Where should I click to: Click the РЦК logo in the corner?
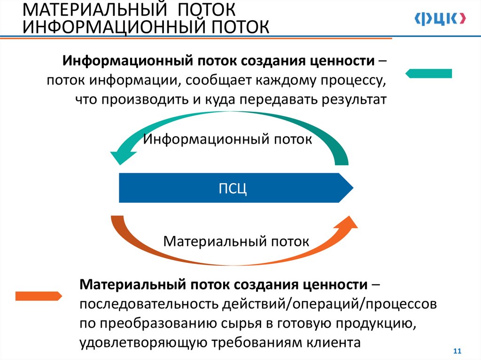[x=440, y=18]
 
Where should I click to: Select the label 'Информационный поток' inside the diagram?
[x=228, y=139]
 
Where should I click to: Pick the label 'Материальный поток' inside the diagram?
[x=236, y=242]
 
